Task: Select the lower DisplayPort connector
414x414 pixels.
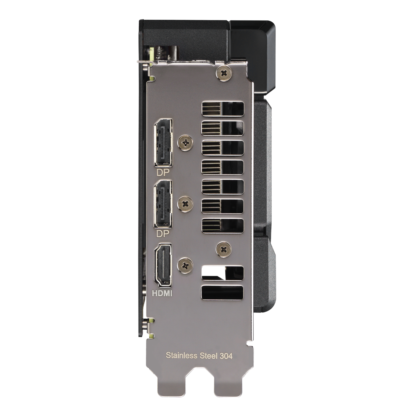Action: [x=164, y=205]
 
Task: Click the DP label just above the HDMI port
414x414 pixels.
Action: [x=163, y=234]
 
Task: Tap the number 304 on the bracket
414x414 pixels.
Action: [x=226, y=355]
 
